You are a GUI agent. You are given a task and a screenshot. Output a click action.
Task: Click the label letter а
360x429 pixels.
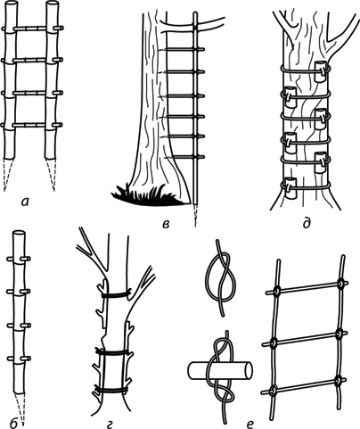click(25, 202)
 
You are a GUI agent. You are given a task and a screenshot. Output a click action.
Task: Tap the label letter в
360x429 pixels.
click(166, 224)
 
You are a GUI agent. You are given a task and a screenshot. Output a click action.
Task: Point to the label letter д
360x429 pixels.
click(307, 222)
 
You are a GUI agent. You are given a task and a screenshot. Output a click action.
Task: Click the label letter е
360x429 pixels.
click(250, 423)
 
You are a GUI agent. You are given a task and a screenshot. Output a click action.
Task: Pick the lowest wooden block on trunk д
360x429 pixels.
click(290, 188)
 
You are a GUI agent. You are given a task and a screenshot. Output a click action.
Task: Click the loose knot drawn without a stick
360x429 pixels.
click(222, 278)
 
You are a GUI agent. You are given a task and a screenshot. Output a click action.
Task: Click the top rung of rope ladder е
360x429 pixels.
click(307, 287)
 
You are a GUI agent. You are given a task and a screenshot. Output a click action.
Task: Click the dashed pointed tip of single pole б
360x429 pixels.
click(20, 408)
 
